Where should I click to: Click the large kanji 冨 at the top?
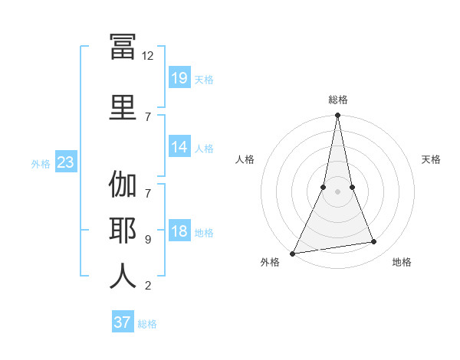click(123, 46)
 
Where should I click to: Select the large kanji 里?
click(123, 107)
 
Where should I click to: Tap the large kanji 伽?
click(123, 184)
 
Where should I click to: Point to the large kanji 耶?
click(123, 231)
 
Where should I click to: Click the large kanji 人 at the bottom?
click(123, 276)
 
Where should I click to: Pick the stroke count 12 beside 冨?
click(147, 56)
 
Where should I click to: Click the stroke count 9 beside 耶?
click(148, 240)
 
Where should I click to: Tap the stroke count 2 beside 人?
click(148, 286)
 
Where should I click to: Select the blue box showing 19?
click(179, 77)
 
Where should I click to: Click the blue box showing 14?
click(179, 146)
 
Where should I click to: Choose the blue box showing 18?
click(179, 230)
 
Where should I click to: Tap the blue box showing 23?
click(66, 162)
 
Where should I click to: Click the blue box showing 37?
click(123, 321)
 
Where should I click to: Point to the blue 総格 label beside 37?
click(147, 324)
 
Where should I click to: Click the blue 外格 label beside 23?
click(41, 164)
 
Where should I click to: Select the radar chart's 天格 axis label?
click(431, 159)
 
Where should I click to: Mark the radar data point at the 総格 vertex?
click(337, 115)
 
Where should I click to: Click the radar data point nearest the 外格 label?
click(292, 254)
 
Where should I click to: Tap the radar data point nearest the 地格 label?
click(374, 241)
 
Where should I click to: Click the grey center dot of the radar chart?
click(337, 191)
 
